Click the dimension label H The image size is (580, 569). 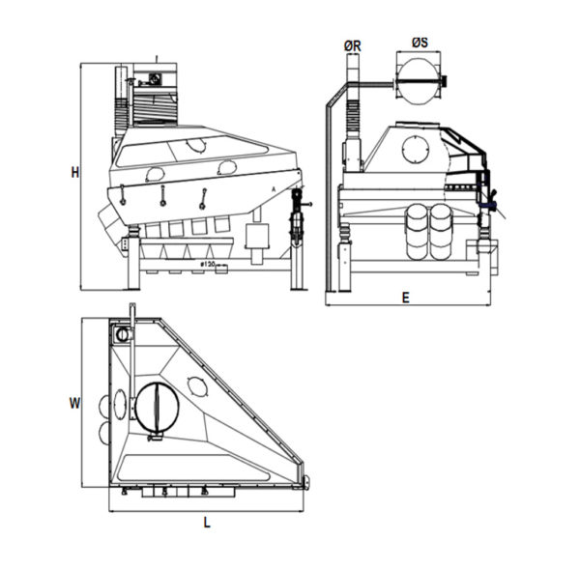pyautogui.click(x=74, y=173)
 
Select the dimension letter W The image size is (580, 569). pyautogui.click(x=74, y=405)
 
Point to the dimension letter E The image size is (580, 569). pyautogui.click(x=405, y=298)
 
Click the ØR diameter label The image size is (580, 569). pyautogui.click(x=352, y=44)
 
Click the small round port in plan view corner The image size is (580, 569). pyautogui.click(x=122, y=333)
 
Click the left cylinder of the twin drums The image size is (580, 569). pyautogui.click(x=416, y=229)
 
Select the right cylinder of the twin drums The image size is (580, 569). pyautogui.click(x=440, y=229)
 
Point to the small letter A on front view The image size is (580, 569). pyautogui.click(x=275, y=187)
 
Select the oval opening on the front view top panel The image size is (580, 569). pyautogui.click(x=196, y=145)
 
